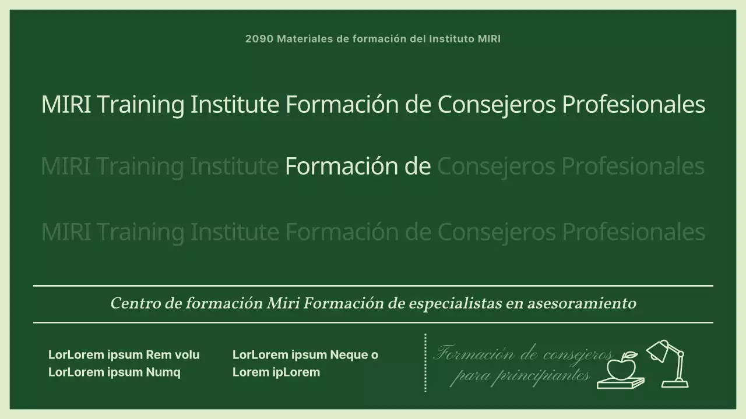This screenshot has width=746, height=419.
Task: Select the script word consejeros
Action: pos(577,354)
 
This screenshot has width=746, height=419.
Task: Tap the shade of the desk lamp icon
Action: pos(657,350)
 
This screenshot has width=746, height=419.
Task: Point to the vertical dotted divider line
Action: pos(425,363)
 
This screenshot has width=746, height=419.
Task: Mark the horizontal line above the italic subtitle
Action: pos(373,286)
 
